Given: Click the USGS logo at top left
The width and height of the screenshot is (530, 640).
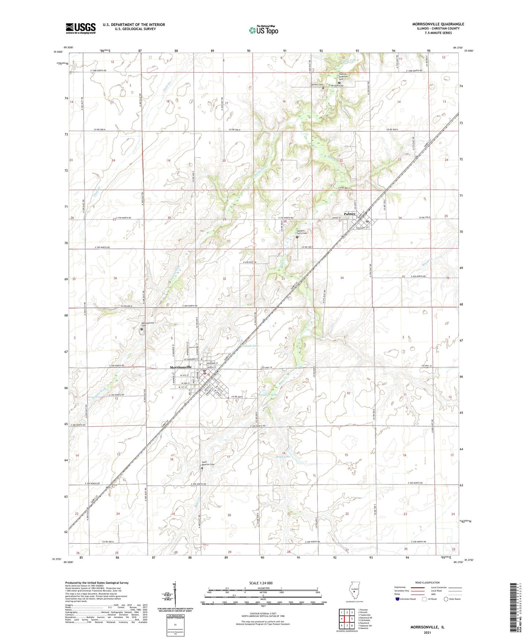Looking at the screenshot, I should tap(81, 28).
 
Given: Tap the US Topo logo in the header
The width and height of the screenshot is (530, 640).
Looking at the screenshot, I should tap(263, 30).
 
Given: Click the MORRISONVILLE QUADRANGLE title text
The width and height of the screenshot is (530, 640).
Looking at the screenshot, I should tap(438, 24).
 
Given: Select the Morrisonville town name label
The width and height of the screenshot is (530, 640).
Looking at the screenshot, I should tap(181, 367).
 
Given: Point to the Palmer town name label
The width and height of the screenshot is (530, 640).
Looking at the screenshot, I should tap(350, 214).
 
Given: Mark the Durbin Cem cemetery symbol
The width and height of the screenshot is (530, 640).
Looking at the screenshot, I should tap(323, 88).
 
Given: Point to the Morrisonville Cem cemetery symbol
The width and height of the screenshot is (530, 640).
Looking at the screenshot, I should tap(142, 329).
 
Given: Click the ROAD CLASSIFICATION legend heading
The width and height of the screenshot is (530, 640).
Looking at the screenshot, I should tap(427, 582).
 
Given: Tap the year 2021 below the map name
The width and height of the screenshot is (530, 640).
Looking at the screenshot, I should tap(427, 632).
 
